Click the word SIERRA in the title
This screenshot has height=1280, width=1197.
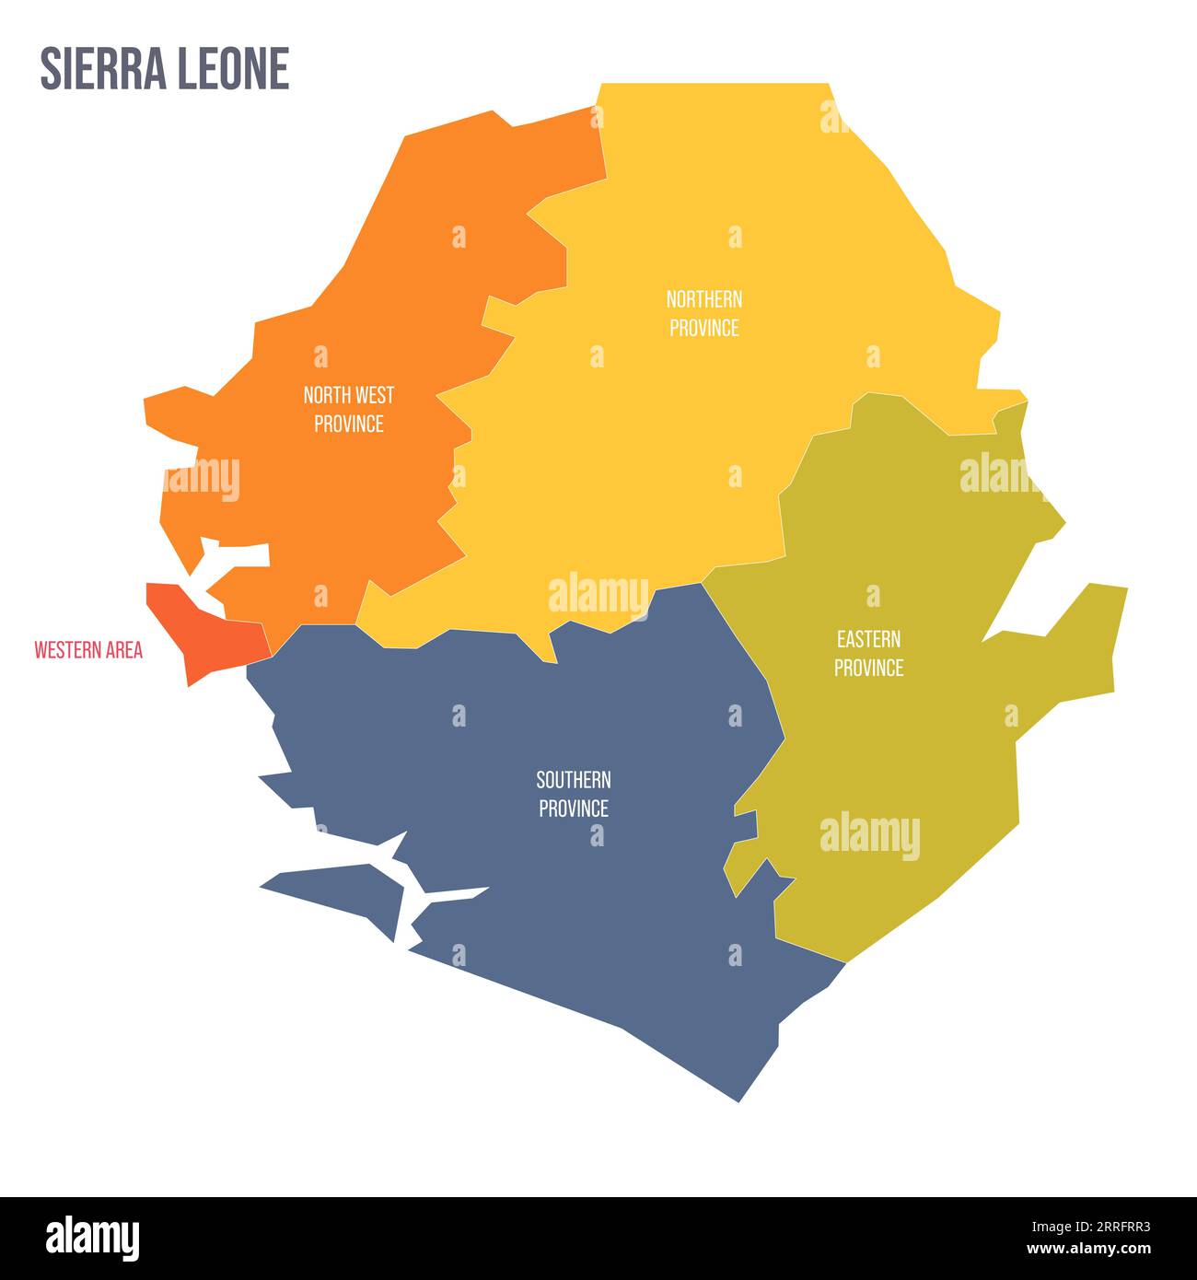tap(99, 68)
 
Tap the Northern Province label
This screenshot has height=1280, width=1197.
tap(704, 313)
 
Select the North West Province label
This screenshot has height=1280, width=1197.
tap(349, 409)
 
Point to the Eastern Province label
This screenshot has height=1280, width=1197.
tap(868, 653)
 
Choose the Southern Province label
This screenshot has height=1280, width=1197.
tap(574, 794)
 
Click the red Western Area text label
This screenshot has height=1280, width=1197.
tap(88, 650)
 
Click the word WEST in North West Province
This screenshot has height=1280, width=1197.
tap(376, 395)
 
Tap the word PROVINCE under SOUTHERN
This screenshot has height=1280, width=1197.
tap(574, 809)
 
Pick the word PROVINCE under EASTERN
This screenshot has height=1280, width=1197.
tap(868, 668)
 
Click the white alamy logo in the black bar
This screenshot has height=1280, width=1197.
tap(92, 1236)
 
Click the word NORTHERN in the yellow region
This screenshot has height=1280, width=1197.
tap(704, 299)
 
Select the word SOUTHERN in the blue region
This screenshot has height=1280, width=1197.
tap(574, 780)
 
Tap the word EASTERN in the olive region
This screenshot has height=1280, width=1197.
tap(868, 639)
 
